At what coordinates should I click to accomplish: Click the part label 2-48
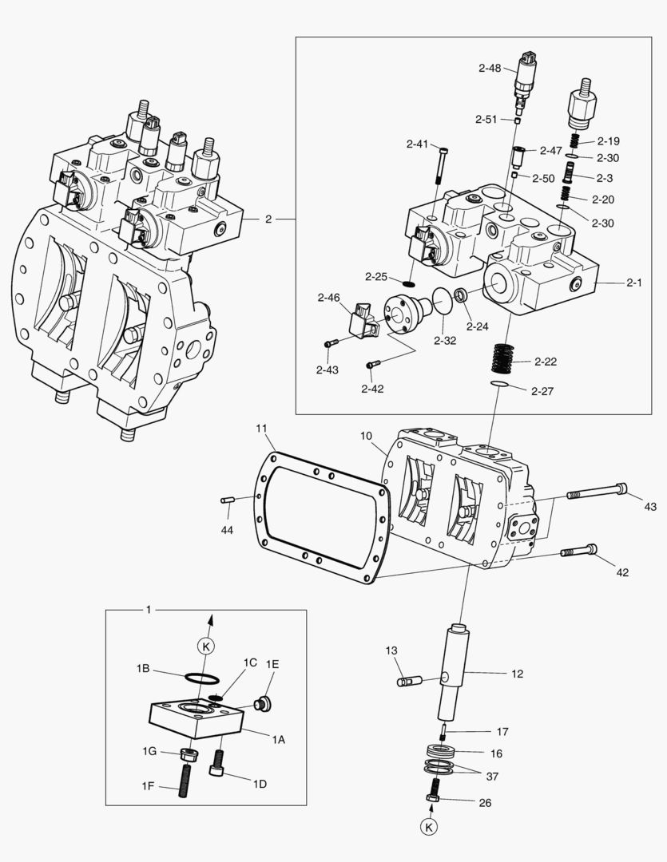coord(490,69)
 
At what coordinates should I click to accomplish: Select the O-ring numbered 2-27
coord(499,386)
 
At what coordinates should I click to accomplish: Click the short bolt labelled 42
coord(579,551)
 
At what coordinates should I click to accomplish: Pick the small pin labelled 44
coord(227,500)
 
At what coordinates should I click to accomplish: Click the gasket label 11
coord(261,429)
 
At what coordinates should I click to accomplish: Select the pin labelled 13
coord(409,681)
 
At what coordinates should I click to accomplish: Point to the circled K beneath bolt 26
coord(431,827)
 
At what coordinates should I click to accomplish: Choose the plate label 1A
coord(278,740)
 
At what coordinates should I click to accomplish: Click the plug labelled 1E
coord(259,703)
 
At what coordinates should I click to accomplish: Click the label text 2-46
coord(328,298)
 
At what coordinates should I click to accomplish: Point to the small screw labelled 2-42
coord(371,365)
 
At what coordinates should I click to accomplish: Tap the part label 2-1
coord(635,282)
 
